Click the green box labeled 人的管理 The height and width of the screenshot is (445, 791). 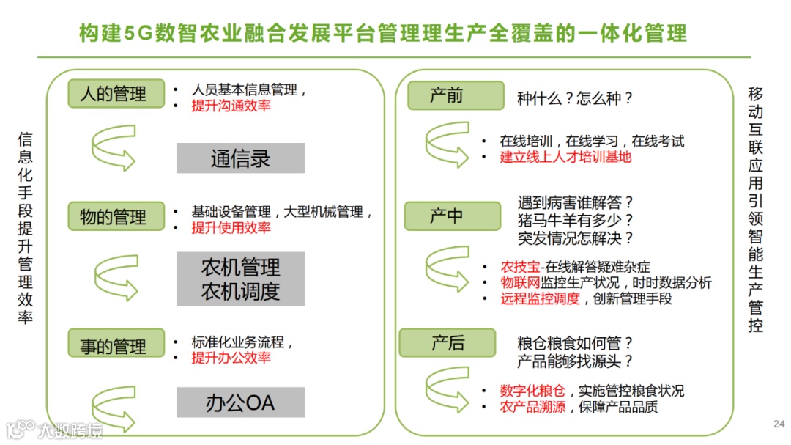(x=116, y=93)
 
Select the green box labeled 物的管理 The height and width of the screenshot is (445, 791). (x=116, y=216)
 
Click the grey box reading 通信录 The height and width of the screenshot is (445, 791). (x=240, y=158)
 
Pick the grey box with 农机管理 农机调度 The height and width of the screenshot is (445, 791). (x=240, y=279)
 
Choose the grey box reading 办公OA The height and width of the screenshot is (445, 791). (x=240, y=402)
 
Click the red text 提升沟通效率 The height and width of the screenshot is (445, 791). (x=231, y=106)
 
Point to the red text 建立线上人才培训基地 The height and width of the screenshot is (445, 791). (x=565, y=157)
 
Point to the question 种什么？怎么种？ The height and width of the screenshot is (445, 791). (x=574, y=98)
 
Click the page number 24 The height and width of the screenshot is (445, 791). (x=779, y=424)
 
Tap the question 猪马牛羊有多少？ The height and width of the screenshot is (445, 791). (x=576, y=220)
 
